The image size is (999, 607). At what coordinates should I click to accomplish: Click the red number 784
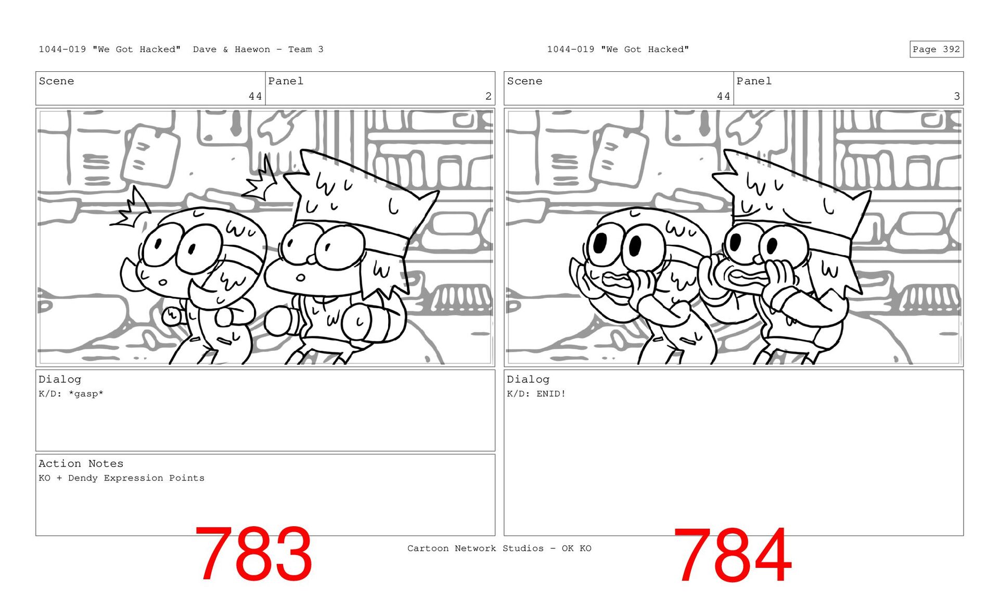click(x=733, y=554)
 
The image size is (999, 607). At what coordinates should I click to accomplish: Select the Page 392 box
click(x=937, y=49)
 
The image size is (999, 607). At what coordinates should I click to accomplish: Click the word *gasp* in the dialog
click(x=86, y=394)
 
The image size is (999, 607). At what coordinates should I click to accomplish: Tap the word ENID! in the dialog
click(x=551, y=394)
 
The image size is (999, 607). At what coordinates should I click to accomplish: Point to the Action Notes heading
click(x=81, y=463)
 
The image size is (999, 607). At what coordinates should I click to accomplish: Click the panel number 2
click(x=488, y=96)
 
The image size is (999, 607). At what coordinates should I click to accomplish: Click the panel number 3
click(x=957, y=96)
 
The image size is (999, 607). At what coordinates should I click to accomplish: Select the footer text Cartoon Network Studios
click(x=475, y=548)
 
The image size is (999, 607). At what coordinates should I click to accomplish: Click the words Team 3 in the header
click(x=306, y=49)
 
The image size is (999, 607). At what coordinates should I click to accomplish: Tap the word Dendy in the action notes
click(x=83, y=478)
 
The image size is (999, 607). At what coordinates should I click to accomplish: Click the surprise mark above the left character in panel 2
click(x=131, y=208)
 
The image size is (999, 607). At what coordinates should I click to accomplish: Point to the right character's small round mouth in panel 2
click(x=300, y=277)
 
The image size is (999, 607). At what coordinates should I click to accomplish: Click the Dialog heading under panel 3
click(x=528, y=379)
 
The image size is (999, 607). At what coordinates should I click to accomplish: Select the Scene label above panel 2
click(x=56, y=81)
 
